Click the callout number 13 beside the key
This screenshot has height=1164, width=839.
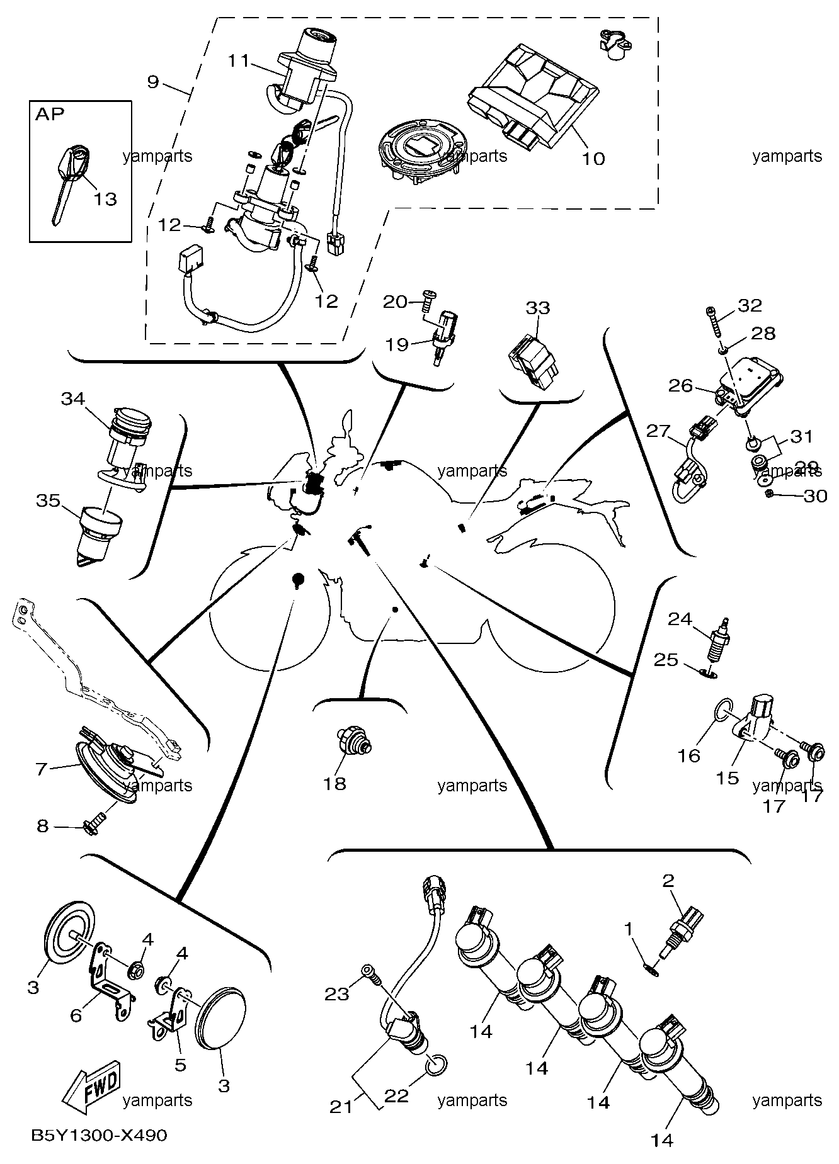point(106,199)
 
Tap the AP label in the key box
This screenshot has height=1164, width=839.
point(50,115)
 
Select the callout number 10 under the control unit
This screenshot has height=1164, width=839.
point(592,158)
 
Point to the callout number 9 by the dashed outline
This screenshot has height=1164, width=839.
point(154,81)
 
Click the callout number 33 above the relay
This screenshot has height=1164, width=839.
point(538,308)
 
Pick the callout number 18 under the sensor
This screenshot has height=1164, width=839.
point(335,784)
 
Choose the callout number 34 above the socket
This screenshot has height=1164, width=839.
point(73,398)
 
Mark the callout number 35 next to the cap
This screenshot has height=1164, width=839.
point(48,501)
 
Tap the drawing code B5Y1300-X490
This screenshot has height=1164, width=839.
point(100,1136)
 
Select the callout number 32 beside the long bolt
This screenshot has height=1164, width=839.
point(750,305)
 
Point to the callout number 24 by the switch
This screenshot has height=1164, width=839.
point(680,619)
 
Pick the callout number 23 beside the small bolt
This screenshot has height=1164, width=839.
point(337,994)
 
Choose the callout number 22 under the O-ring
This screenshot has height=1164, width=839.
point(397,1096)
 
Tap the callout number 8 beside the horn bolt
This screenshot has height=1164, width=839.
point(42,825)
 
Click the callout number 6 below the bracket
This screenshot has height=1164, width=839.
point(76,1015)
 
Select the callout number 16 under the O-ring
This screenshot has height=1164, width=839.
point(689,755)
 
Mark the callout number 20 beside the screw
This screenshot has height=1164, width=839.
point(396,302)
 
